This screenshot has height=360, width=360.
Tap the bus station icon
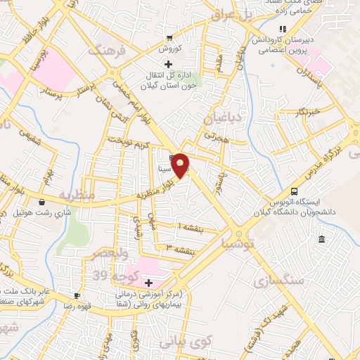coord(294,191)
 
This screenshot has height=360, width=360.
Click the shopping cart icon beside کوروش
coord(169,38)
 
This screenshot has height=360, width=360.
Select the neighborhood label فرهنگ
coord(105,50)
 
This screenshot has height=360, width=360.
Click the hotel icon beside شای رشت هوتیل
coord(44,202)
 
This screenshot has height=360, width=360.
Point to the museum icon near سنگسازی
coord(321,240)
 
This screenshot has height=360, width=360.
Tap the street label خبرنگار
coord(307,112)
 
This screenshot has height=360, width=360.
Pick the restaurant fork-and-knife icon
coord(283,29)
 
